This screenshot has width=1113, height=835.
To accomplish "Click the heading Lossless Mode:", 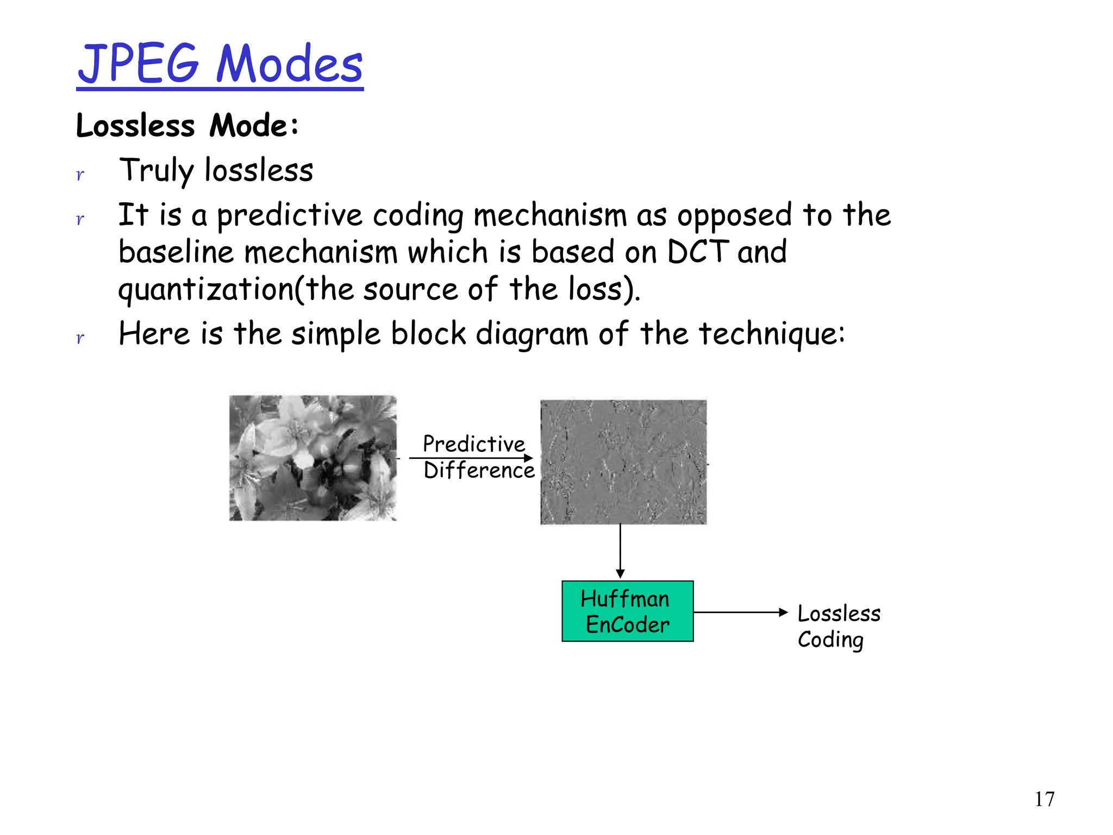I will (187, 126).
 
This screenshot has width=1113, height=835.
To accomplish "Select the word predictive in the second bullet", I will (289, 215).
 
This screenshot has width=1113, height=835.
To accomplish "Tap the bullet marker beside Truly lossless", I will (80, 175).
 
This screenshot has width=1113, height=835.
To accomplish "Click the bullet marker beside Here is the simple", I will (80, 338).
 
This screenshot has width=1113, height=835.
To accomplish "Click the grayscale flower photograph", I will (313, 458).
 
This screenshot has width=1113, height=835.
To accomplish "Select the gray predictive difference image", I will (623, 462).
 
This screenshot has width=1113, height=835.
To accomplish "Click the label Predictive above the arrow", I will (474, 444).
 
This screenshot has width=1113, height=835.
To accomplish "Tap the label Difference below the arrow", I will (479, 470).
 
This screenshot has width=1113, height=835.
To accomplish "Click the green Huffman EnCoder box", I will (627, 612).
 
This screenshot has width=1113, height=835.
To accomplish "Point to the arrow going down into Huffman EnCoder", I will (620, 552).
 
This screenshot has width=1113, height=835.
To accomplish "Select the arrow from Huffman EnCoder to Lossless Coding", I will (740, 612).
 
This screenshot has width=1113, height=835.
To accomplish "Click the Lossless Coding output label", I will (838, 626).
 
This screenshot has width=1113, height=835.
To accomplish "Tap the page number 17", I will (1044, 799).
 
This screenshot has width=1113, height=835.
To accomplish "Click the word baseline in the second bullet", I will (176, 252).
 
